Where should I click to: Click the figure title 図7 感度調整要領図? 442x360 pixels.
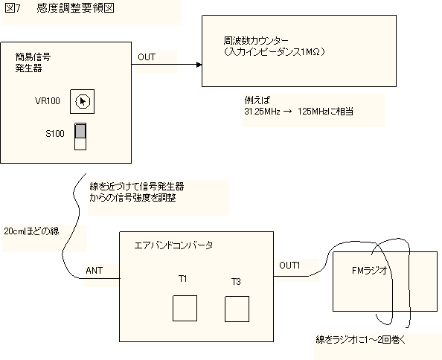coord(60,8)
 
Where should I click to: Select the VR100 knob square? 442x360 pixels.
coord(83,102)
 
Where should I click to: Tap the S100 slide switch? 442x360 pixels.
coord(80,137)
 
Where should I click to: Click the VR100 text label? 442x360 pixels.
coord(48,101)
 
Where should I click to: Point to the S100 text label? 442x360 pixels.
coord(55,133)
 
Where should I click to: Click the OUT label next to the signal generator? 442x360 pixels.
coord(147,57)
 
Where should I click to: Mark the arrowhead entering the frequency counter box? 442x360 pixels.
coord(199,65)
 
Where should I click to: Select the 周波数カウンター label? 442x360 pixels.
coord(256,41)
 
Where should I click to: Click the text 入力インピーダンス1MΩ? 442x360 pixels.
coord(274,52)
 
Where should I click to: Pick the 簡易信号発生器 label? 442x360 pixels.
coord(33,62)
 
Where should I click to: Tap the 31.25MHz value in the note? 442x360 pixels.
coord(262,112)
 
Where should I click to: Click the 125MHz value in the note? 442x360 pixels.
coord(313,112)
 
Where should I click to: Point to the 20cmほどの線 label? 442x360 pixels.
coord(31,231)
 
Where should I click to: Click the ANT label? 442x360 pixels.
coord(95,271)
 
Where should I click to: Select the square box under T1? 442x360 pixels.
coord(185,308)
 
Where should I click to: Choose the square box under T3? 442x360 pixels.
coord(237,309)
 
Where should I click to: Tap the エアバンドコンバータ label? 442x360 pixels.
coord(173,245)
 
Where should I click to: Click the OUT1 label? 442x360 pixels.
coord(289,266)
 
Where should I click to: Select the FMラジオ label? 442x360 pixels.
coord(370,271)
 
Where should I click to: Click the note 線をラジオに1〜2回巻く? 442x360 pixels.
coord(361,339)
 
